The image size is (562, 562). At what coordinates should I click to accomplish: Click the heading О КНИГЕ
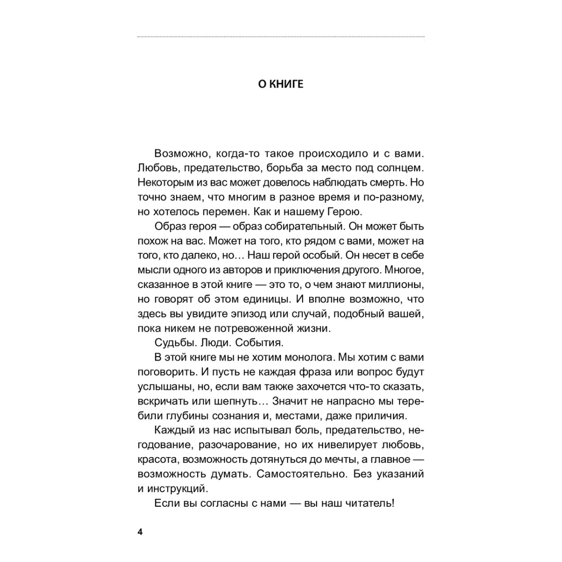point(281,84)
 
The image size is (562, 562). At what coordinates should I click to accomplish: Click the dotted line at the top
point(281,37)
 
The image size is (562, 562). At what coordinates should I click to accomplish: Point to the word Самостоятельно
point(303,473)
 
